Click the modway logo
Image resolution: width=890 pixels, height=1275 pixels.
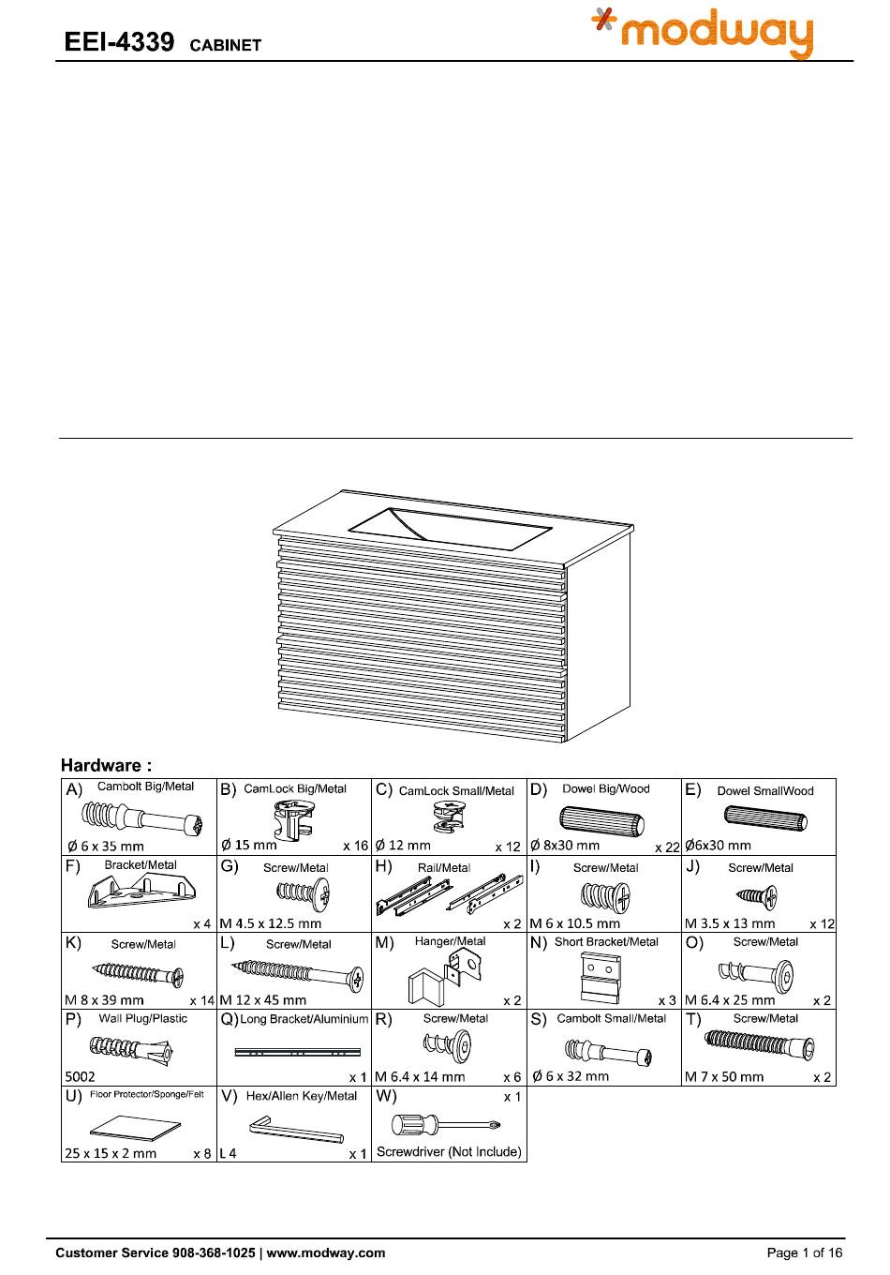click(703, 34)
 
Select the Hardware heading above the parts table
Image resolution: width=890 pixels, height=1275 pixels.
click(106, 765)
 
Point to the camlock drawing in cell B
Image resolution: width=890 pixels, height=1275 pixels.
click(294, 821)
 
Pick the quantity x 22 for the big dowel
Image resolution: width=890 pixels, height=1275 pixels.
click(666, 847)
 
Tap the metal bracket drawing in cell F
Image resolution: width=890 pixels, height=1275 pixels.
click(138, 892)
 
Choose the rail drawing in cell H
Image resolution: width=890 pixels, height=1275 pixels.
click(449, 896)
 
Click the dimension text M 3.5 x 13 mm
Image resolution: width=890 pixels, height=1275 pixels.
click(730, 923)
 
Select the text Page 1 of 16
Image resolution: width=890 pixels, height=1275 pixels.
click(805, 1252)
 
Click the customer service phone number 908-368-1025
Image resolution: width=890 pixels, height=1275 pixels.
click(214, 1252)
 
